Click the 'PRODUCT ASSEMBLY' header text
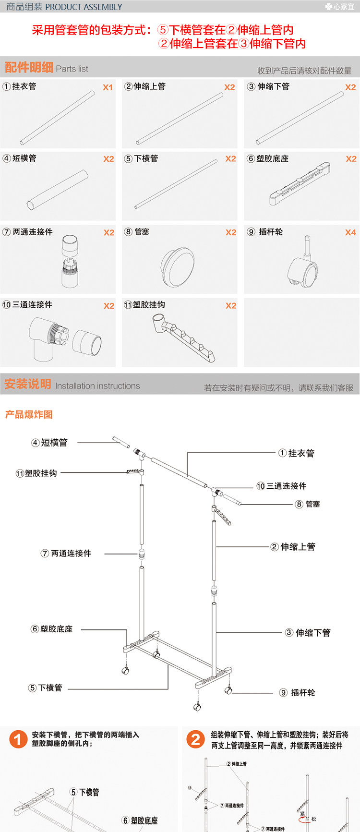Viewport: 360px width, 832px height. (x=84, y=7)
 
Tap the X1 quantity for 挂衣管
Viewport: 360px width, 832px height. (x=108, y=87)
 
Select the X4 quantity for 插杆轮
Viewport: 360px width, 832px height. (x=350, y=232)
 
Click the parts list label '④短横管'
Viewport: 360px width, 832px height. (x=20, y=158)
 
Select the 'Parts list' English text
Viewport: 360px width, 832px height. (x=72, y=69)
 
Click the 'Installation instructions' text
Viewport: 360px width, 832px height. (x=97, y=386)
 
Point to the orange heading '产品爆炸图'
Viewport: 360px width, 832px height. (x=29, y=414)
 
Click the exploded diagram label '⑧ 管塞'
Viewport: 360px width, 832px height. (x=308, y=504)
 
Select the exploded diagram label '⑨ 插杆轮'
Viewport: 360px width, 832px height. (x=298, y=692)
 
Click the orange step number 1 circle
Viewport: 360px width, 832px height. (x=18, y=739)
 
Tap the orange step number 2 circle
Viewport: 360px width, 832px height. (x=195, y=739)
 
